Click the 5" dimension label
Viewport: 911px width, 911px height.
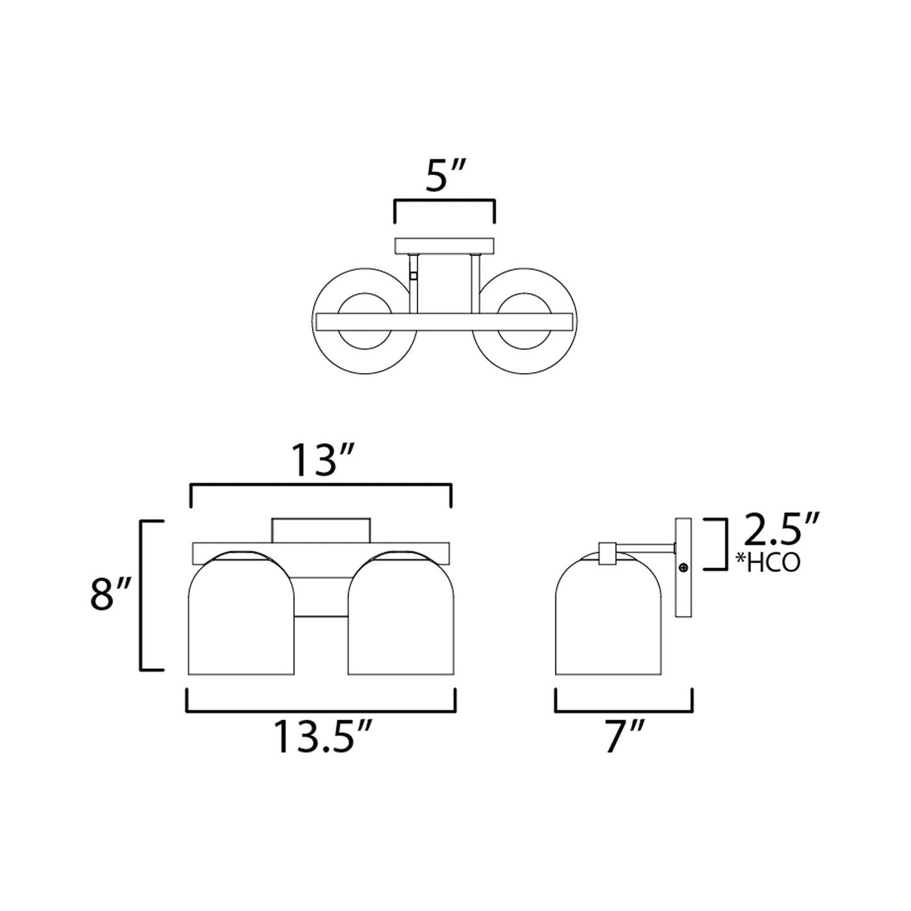445,178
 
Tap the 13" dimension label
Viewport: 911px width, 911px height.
322,461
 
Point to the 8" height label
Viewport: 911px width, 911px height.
110,594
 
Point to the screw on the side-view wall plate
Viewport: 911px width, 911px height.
683,567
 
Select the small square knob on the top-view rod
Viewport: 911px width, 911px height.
413,275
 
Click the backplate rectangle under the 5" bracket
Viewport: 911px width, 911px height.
444,245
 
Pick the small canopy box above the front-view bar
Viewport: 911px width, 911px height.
321,530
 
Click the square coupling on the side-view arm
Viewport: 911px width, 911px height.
607,553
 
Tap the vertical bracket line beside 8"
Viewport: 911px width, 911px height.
141,595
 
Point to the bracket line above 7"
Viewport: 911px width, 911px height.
624,711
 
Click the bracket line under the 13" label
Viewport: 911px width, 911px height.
321,484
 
